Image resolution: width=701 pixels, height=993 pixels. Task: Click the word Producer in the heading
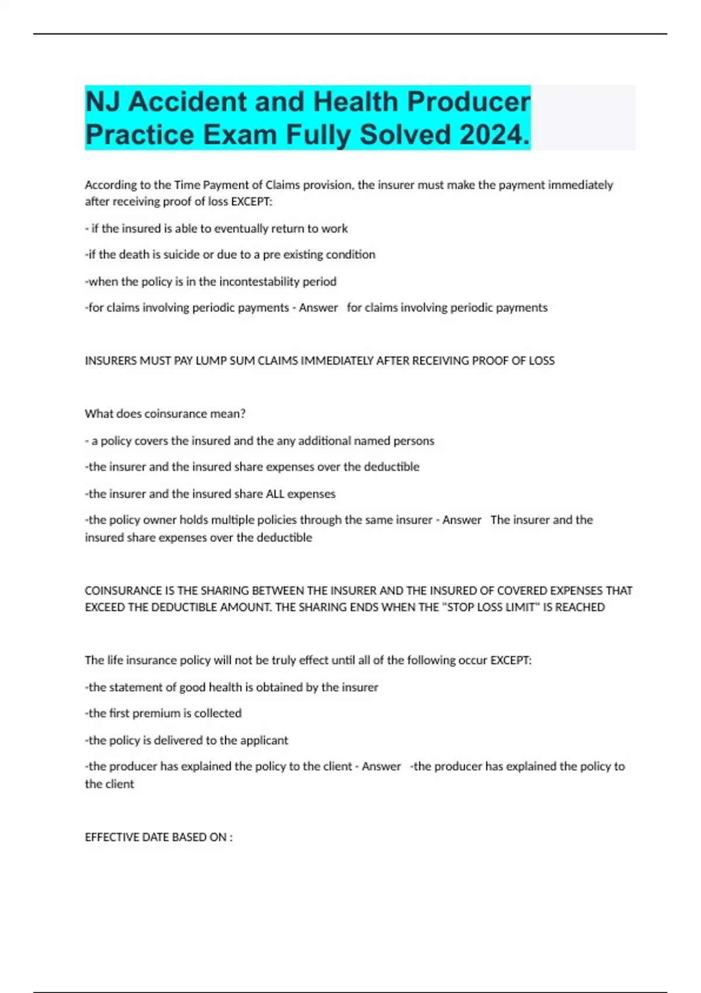coord(469,102)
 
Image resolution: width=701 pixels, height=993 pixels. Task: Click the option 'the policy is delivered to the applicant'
coord(187,740)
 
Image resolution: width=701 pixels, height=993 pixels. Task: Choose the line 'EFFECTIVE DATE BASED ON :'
coord(158,837)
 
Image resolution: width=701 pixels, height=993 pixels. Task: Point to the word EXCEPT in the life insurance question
coord(511,660)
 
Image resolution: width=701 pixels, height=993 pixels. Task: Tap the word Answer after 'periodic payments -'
coord(318,308)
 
